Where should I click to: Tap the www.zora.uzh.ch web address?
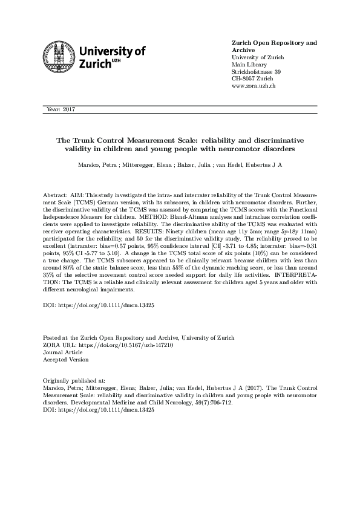(x=254, y=86)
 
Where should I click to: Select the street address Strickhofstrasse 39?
(x=256, y=72)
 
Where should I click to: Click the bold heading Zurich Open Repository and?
(x=274, y=43)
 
